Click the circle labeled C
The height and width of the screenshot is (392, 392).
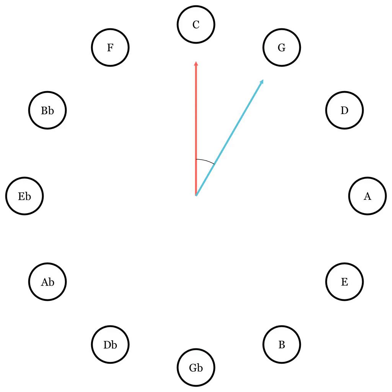196,24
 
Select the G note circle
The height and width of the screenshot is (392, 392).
282,47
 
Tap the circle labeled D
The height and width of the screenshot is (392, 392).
345,110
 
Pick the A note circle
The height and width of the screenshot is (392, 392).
367,196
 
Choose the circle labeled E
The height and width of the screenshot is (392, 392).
345,282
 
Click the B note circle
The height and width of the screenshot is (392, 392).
282,345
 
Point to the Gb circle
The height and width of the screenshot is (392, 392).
196,367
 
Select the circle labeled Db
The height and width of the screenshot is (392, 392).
110,345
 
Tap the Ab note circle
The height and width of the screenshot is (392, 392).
47,282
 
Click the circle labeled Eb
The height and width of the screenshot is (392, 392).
24,196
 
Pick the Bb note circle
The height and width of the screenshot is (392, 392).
47,110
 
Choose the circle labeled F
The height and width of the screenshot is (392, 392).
110,47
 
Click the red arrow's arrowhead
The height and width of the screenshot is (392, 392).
196,63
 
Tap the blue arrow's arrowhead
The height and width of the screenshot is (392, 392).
262,82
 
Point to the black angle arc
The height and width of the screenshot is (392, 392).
206,160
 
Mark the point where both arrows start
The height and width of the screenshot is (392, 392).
196,196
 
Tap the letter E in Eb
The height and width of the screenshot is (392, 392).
21,196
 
